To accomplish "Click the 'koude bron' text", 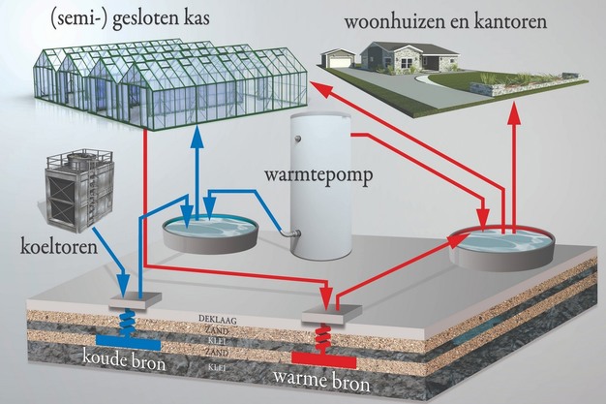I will pos(124,365).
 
